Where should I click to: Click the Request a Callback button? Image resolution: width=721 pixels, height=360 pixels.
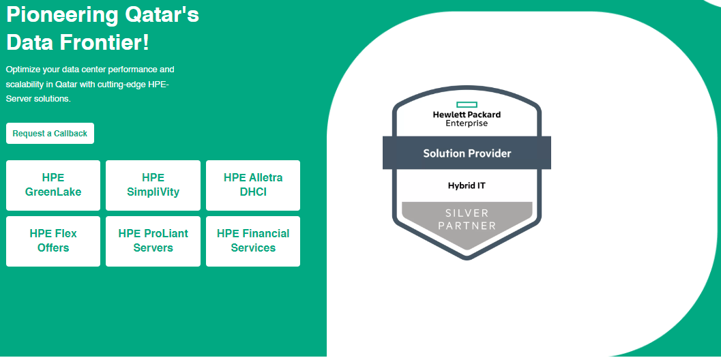click(x=50, y=134)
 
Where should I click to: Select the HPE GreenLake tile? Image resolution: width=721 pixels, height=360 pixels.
click(x=53, y=185)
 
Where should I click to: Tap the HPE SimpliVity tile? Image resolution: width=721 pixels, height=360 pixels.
click(x=153, y=185)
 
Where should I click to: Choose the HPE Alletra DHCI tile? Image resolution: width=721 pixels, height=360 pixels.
click(x=253, y=185)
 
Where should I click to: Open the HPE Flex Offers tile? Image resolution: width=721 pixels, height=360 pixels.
click(x=53, y=241)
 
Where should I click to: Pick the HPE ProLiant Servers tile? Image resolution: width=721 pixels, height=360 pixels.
click(x=153, y=241)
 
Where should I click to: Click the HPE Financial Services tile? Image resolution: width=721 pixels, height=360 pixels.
click(x=253, y=241)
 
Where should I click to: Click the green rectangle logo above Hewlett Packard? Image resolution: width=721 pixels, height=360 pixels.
click(x=467, y=104)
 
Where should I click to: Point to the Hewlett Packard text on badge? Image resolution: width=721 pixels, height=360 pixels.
click(x=467, y=115)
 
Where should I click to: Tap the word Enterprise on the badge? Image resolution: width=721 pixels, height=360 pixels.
click(x=467, y=123)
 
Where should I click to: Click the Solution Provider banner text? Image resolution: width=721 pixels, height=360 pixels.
click(x=467, y=153)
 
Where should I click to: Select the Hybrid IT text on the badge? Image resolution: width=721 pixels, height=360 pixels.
click(x=467, y=185)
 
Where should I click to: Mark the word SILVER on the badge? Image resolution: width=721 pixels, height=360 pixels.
click(x=467, y=213)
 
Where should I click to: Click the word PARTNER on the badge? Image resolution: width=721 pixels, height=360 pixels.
click(x=467, y=226)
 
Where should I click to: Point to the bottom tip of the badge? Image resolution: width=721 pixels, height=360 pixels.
click(x=467, y=258)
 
